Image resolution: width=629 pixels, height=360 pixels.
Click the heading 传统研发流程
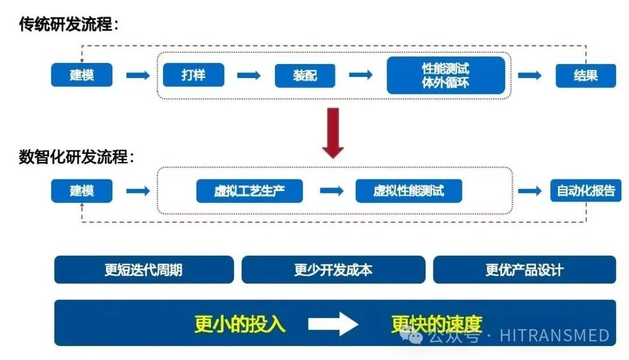[69, 24]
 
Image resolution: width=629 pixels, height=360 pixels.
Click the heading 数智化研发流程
[76, 157]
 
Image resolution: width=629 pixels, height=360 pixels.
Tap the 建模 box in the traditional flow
[82, 75]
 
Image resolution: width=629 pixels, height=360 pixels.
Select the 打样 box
[193, 75]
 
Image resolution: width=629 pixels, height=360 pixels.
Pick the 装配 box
[305, 76]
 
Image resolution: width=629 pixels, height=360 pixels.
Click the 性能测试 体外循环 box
[446, 75]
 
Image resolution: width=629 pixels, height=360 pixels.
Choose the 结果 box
[585, 76]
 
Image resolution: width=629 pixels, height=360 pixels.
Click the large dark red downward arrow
[333, 133]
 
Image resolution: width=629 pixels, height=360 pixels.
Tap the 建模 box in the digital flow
[82, 190]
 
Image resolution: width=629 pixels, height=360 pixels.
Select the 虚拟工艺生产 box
[249, 191]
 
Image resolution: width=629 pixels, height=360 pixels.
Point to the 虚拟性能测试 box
[409, 191]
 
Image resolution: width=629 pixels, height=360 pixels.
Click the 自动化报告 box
[586, 190]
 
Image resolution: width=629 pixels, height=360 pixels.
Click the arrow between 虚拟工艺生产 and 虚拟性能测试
[331, 191]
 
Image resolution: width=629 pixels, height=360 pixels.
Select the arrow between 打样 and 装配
[249, 75]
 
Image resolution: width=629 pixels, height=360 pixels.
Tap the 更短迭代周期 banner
[144, 270]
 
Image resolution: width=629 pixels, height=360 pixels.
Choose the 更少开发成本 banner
[333, 270]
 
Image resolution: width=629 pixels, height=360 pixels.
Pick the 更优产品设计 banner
[524, 270]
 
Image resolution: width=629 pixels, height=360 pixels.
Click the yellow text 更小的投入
[240, 324]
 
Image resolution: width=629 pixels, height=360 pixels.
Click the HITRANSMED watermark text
[554, 336]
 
